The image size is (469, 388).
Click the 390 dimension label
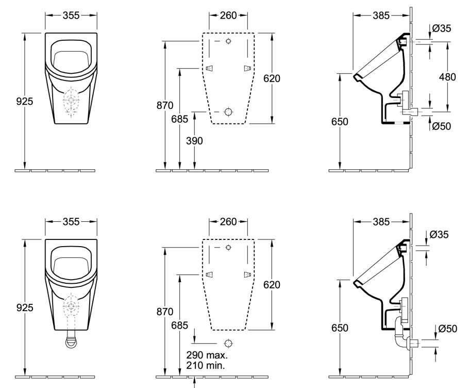pyautogui.click(x=194, y=141)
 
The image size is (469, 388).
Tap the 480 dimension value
pyautogui.click(x=447, y=77)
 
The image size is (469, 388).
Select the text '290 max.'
pyautogui.click(x=207, y=355)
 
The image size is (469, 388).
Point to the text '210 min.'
pyautogui.click(x=206, y=365)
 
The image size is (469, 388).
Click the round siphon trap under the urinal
pyautogui.click(x=71, y=341)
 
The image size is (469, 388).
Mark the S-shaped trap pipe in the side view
pyautogui.click(x=401, y=333)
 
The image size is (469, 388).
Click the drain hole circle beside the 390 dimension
pyautogui.click(x=228, y=112)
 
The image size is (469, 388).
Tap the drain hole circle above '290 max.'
pyautogui.click(x=228, y=343)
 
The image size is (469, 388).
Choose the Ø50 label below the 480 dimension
pyautogui.click(x=442, y=126)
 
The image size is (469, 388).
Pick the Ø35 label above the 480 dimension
pyautogui.click(x=442, y=28)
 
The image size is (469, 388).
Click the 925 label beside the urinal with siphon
pyautogui.click(x=25, y=308)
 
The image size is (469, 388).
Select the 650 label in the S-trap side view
pyautogui.click(x=340, y=328)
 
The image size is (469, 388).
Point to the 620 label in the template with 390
pyautogui.click(x=272, y=78)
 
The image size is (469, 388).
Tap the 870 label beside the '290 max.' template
pyautogui.click(x=165, y=312)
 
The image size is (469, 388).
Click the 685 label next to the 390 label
pyautogui.click(x=179, y=119)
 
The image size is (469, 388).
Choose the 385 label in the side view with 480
pyautogui.click(x=381, y=15)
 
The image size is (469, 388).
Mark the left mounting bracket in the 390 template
pyautogui.click(x=210, y=68)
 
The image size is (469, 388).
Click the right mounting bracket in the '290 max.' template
pyautogui.click(x=247, y=274)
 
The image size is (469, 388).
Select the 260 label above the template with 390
pyautogui.click(x=228, y=15)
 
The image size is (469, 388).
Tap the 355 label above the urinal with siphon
pyautogui.click(x=71, y=221)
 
